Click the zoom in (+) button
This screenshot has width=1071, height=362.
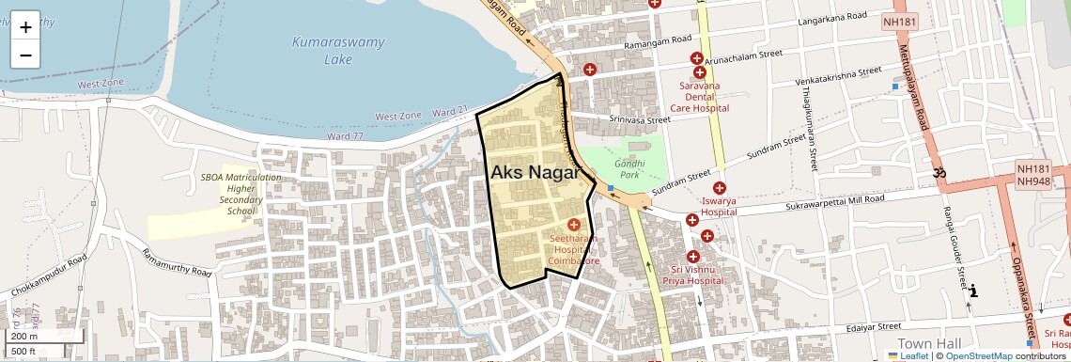pos(25,26)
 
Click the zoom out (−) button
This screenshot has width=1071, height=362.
pos(25,55)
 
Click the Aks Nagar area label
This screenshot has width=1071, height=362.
pos(534,172)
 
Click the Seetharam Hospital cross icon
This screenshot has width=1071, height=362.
pos(573,226)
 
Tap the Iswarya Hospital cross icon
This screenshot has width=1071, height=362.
pos(720,188)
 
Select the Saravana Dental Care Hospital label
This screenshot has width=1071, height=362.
pos(705,97)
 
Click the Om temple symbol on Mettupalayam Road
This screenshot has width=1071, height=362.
pos(938,173)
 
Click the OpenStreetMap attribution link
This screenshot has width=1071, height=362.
pos(979,356)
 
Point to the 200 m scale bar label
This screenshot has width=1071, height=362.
pos(24,337)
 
